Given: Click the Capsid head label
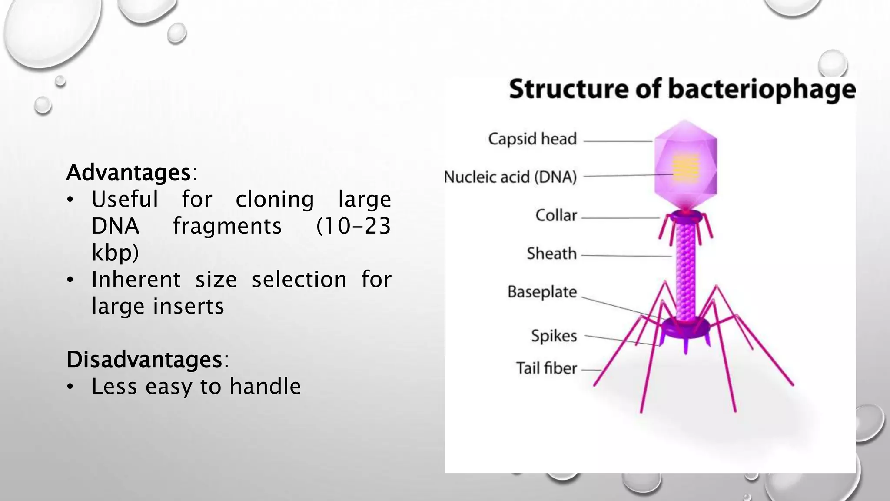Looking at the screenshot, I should click(x=532, y=139).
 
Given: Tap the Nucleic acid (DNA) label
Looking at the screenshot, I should click(x=510, y=177).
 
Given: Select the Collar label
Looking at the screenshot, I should click(x=556, y=216).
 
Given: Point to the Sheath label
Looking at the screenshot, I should click(x=551, y=254).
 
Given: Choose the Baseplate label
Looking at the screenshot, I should click(x=542, y=292).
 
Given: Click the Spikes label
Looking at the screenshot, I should click(x=554, y=336).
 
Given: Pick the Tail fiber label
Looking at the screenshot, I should click(x=546, y=368).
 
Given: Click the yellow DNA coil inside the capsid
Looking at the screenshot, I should click(x=686, y=167).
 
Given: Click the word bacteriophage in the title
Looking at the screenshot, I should click(x=761, y=90).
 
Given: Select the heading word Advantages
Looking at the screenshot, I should click(x=129, y=173).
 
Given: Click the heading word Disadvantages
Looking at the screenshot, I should click(x=144, y=360).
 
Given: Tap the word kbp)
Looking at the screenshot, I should click(x=115, y=253).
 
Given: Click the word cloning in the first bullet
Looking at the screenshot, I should click(x=275, y=200).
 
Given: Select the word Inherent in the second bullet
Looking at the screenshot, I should click(x=136, y=280).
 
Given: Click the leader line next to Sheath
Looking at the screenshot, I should click(x=626, y=256).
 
